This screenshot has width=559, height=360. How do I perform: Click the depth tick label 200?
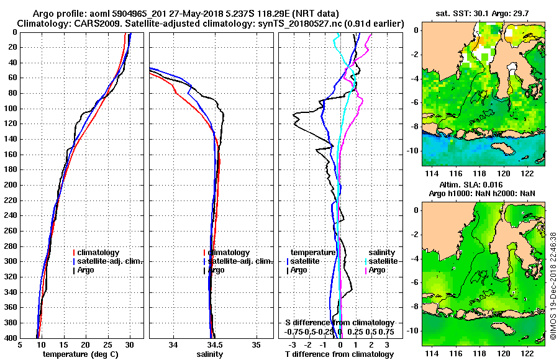pyautogui.click(x=11, y=185)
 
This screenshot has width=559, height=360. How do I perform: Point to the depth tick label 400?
pyautogui.click(x=11, y=338)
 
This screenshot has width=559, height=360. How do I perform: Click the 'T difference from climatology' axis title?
pyautogui.click(x=339, y=354)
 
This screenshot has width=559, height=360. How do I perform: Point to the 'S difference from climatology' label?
pyautogui.click(x=339, y=323)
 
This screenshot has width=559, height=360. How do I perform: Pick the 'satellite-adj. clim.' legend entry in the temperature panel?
pyautogui.click(x=109, y=261)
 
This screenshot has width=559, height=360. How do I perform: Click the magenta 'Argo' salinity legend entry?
pyautogui.click(x=377, y=270)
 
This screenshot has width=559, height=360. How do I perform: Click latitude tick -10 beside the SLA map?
pyautogui.click(x=414, y=331)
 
